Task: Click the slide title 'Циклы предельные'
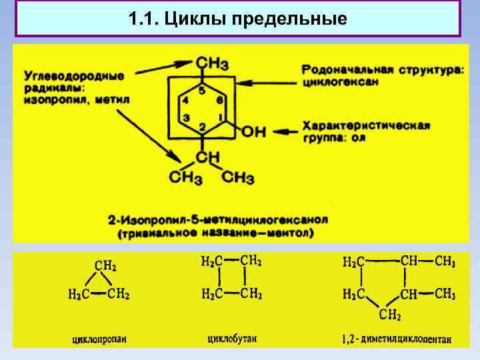tap(238, 18)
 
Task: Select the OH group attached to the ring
tap(253, 132)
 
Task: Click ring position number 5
tap(201, 90)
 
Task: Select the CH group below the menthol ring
tap(207, 157)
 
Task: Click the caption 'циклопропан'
tap(99, 339)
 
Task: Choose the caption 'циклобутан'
tap(231, 339)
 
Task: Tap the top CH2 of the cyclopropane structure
tap(105, 266)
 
